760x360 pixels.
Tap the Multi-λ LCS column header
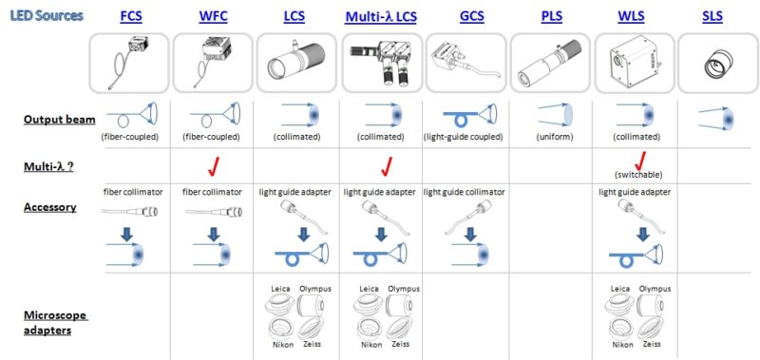coord(381,17)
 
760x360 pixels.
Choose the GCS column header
coord(471,17)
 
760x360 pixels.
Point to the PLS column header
coord(552,17)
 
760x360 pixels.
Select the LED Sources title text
coord(47,16)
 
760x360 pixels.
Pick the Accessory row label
coord(48,206)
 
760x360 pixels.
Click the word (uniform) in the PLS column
coord(551,138)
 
